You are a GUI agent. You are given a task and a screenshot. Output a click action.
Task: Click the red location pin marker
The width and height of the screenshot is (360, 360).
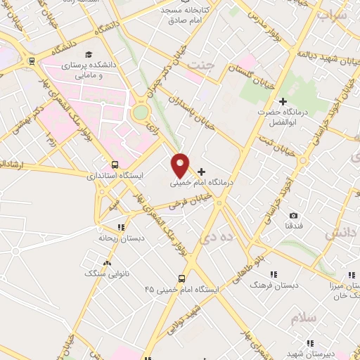point(181,165)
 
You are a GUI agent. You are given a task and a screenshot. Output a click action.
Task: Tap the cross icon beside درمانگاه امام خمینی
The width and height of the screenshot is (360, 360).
point(202,172)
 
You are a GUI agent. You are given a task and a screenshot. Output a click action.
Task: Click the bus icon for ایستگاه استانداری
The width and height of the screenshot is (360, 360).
point(115,165)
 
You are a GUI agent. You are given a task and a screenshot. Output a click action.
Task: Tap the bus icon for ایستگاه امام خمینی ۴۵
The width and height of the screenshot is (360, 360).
point(181,278)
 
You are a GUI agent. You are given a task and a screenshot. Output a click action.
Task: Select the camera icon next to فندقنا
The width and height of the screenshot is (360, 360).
point(293,215)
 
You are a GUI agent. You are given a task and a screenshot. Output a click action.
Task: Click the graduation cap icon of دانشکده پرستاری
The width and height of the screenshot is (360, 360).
point(89,55)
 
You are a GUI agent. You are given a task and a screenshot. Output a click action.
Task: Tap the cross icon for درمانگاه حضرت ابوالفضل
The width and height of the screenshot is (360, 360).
point(283,102)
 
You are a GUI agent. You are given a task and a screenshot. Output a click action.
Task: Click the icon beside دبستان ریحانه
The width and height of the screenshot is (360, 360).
point(121,227)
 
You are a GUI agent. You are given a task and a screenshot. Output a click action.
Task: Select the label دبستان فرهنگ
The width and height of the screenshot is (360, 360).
point(276,285)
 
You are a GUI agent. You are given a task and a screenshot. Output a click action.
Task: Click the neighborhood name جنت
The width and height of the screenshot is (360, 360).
point(200,65)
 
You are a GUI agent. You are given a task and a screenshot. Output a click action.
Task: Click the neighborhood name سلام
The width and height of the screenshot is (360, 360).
point(304,319)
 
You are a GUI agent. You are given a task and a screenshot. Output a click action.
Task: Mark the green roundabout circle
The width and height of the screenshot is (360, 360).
point(141,112)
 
